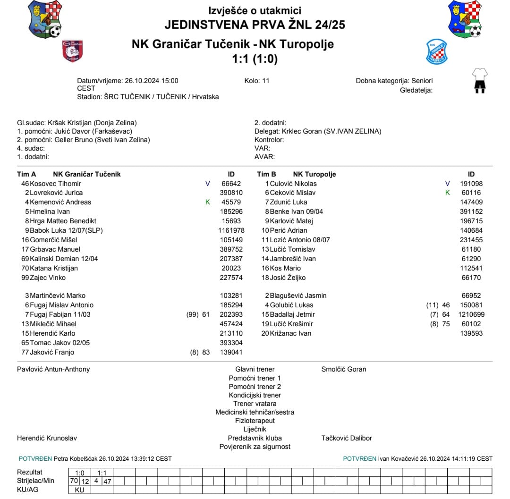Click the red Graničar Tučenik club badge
pyautogui.click(x=73, y=51)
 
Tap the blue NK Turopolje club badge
pyautogui.click(x=436, y=51)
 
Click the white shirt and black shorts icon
pyautogui.click(x=480, y=80)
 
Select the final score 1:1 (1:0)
pyautogui.click(x=255, y=59)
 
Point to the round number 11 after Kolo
pyautogui.click(x=265, y=81)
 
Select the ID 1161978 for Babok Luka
pyautogui.click(x=231, y=230)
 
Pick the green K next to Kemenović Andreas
pyautogui.click(x=207, y=202)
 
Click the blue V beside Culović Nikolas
pyautogui.click(x=448, y=184)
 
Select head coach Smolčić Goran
pyautogui.click(x=343, y=369)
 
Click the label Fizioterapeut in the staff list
pyautogui.click(x=255, y=421)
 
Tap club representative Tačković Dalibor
pyautogui.click(x=347, y=438)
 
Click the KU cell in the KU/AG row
pyautogui.click(x=79, y=490)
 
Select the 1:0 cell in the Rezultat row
pyautogui.click(x=79, y=472)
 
